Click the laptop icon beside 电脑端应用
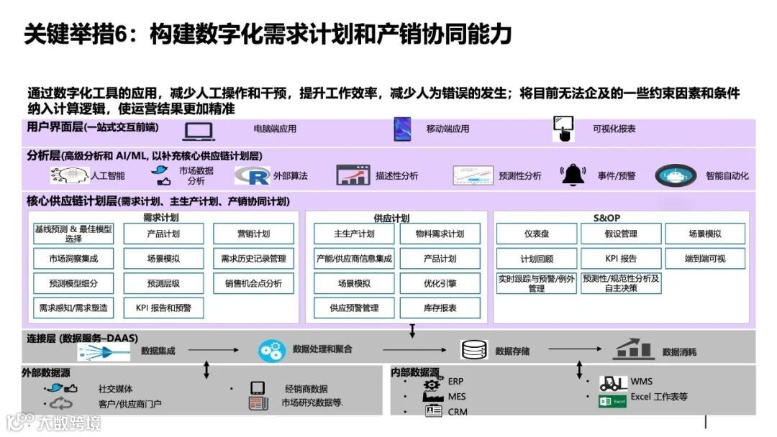pyautogui.click(x=199, y=130)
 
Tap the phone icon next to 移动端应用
pyautogui.click(x=401, y=129)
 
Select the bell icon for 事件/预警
pyautogui.click(x=573, y=175)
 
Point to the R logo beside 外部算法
pyautogui.click(x=252, y=175)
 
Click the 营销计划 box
pyautogui.click(x=253, y=234)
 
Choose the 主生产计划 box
pyautogui.click(x=354, y=234)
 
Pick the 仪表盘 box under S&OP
pyautogui.click(x=536, y=234)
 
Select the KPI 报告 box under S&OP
pyautogui.click(x=620, y=259)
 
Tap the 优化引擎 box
pyautogui.click(x=440, y=283)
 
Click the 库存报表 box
pyautogui.click(x=440, y=308)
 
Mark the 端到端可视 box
pyautogui.click(x=705, y=259)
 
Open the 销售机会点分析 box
pyautogui.click(x=253, y=283)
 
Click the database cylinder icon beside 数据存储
pyautogui.click(x=474, y=351)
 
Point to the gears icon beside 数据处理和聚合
pyautogui.click(x=272, y=351)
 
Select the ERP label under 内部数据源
pyautogui.click(x=456, y=381)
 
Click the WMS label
pyautogui.click(x=641, y=382)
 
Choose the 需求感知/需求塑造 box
pyautogui.click(x=73, y=308)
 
